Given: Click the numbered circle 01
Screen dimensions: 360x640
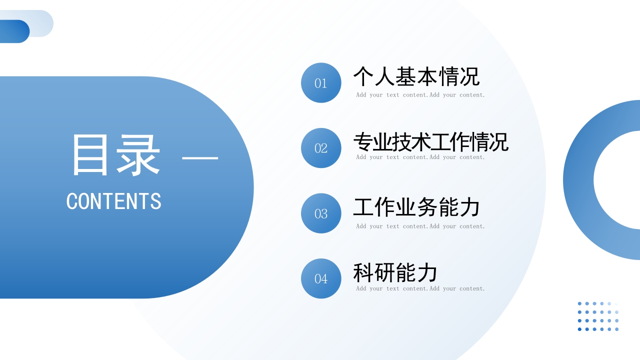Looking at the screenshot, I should [x=321, y=83].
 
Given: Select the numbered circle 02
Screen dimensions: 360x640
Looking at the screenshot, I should [x=321, y=148].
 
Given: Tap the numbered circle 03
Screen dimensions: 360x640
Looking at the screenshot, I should [x=321, y=213].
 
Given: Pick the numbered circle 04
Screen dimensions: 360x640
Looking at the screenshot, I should [x=321, y=278].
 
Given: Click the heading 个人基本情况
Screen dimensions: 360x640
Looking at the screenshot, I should [x=416, y=76].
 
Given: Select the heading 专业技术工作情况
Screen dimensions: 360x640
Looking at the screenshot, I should [x=430, y=142].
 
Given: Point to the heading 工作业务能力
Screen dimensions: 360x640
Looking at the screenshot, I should [x=416, y=207].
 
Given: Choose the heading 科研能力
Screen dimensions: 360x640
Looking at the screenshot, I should [x=395, y=273].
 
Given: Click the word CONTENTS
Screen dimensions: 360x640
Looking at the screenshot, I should [x=114, y=201].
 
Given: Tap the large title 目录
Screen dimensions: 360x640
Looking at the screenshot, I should [x=116, y=155].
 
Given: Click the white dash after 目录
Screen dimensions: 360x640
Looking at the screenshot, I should [x=200, y=158].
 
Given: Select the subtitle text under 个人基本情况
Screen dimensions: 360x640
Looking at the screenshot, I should [x=420, y=95].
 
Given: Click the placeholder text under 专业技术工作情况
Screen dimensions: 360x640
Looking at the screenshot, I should [x=420, y=157].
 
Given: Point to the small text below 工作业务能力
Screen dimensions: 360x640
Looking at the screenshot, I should [x=420, y=226].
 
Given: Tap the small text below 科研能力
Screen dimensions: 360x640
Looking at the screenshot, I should [x=420, y=288].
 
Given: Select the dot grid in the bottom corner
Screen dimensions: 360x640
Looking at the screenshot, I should [x=598, y=316].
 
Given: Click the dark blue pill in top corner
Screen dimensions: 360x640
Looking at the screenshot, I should [x=14, y=31].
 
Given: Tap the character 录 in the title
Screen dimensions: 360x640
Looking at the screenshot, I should [x=138, y=155].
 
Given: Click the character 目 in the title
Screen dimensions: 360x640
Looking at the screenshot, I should [x=90, y=155].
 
